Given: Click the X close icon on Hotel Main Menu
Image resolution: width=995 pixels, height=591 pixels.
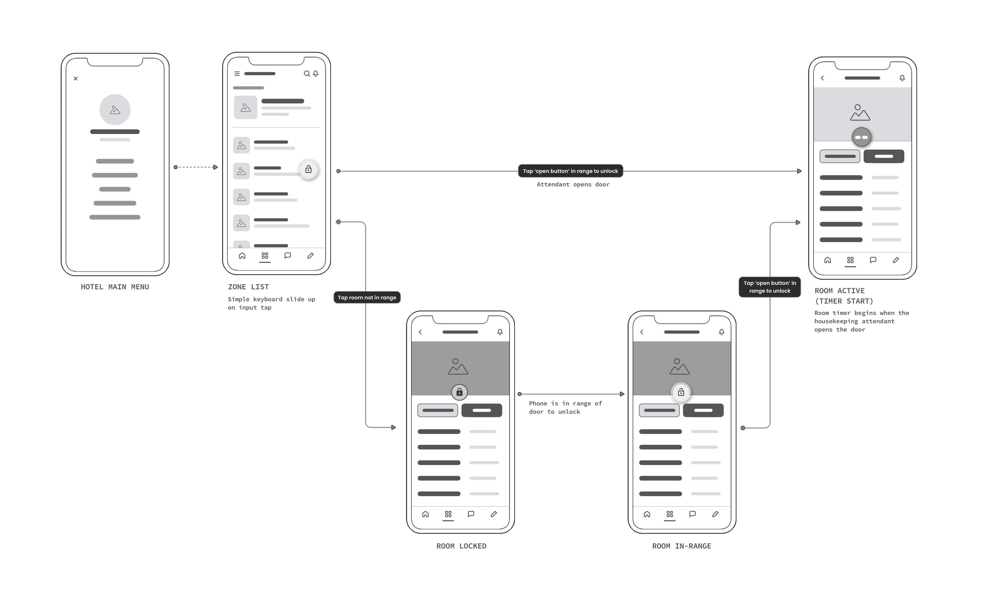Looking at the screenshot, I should coord(76,79).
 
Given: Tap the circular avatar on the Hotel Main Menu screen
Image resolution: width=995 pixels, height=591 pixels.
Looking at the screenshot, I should coord(115,110).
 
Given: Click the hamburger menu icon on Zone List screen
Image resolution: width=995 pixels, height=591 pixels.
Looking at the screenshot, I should coord(237,74).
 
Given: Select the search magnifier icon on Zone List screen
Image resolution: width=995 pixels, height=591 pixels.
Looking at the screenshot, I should coord(307,74).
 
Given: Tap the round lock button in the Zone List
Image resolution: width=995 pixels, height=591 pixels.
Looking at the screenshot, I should coord(308,170).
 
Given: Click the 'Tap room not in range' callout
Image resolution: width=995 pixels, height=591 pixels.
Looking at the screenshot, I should coord(367,298).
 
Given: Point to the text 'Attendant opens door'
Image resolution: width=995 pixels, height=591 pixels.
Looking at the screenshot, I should coord(573,184).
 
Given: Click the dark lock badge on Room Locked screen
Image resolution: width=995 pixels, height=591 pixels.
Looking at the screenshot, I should coord(459,392).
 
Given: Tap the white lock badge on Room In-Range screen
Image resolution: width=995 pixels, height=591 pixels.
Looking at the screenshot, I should coord(681,392).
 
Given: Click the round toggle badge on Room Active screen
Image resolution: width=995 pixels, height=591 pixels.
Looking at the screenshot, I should coord(861,137).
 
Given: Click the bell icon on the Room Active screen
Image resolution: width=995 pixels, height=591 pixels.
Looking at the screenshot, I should coord(902,78).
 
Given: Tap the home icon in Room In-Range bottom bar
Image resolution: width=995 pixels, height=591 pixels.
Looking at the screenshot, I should coord(647,514).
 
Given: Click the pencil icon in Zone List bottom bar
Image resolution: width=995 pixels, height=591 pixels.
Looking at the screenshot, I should coord(310,256).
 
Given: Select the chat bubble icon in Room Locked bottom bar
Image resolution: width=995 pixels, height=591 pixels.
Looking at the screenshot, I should coord(471,514).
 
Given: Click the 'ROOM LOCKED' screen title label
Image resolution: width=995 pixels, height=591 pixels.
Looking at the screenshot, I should coord(461,546).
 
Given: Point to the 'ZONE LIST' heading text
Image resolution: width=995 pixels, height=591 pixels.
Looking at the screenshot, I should coord(248,287).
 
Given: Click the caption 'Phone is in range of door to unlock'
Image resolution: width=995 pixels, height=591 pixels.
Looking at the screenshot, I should coord(565,407).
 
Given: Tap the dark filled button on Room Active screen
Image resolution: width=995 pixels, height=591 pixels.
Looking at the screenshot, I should coord(884,156).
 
